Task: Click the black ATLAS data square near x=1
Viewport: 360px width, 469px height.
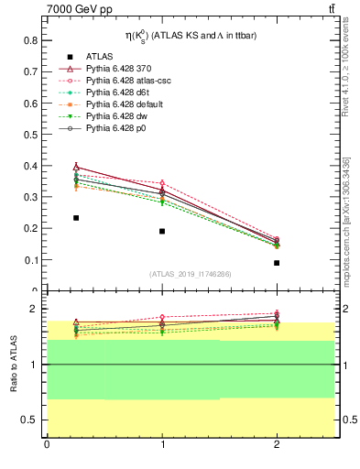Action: point(162,231)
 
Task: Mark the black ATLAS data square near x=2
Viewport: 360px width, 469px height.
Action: point(277,263)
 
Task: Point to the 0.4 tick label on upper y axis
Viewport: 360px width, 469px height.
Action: point(29,166)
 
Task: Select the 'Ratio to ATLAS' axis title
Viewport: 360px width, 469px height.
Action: point(14,365)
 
